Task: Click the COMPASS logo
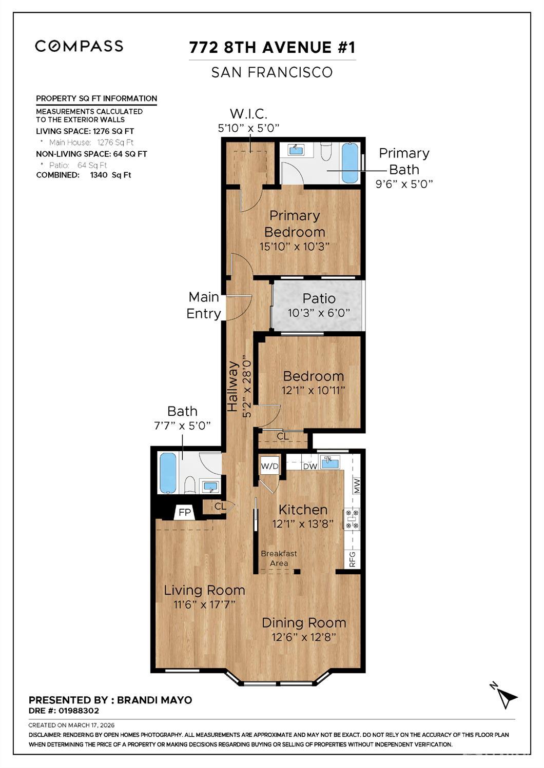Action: [79, 46]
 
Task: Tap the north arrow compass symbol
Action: [504, 696]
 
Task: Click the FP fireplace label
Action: [184, 512]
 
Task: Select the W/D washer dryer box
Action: [269, 466]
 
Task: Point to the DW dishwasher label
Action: [309, 466]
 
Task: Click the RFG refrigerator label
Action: [353, 559]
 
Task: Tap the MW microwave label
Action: [357, 485]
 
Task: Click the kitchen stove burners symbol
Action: [352, 518]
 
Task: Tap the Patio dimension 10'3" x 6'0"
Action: [319, 313]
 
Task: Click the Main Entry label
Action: [204, 306]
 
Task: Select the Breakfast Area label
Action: [279, 558]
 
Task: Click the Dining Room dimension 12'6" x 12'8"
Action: [304, 637]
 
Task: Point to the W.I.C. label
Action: [248, 114]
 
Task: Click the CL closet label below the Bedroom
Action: [283, 436]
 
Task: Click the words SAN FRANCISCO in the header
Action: [272, 72]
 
